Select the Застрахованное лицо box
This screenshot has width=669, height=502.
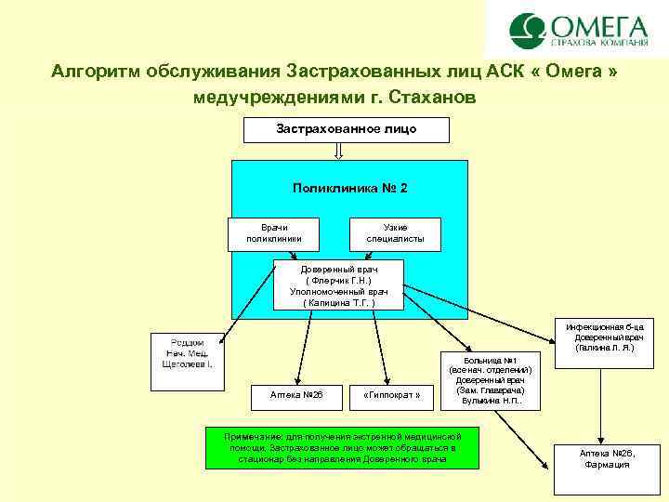[346, 129]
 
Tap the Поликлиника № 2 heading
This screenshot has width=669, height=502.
[349, 188]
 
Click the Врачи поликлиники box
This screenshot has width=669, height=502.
[273, 233]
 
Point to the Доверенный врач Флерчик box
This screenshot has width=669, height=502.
[339, 284]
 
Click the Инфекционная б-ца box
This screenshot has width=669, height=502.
[603, 337]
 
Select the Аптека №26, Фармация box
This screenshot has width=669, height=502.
[607, 465]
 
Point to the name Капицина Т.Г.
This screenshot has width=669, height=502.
[339, 302]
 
